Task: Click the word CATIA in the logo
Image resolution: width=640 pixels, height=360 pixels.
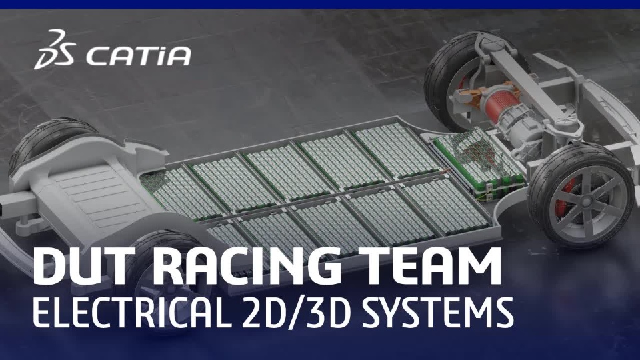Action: pos(138,56)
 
